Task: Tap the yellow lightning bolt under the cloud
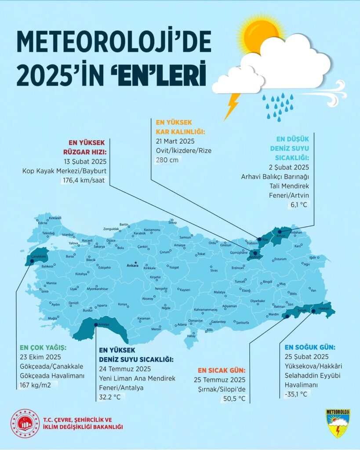coord(232,106)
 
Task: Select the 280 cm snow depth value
coord(167,160)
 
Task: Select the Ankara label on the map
coord(132,266)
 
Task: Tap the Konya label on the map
coord(123,304)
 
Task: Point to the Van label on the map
coord(313,290)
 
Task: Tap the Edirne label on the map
coord(43,223)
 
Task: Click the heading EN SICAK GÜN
coord(221,370)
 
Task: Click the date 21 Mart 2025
coord(175,141)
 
